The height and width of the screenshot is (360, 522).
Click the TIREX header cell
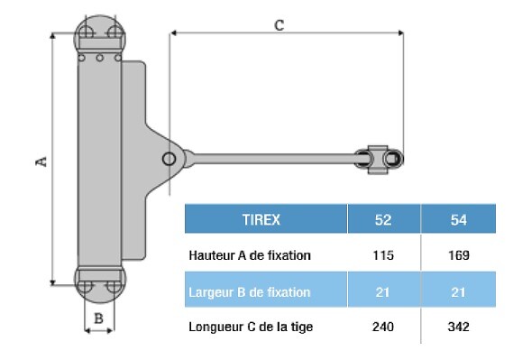[x=261, y=220]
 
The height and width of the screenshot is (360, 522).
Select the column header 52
[x=383, y=220]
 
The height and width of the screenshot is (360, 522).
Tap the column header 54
[x=458, y=220]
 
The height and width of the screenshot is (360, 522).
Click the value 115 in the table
[x=383, y=255]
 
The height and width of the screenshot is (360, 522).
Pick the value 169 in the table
[x=459, y=255]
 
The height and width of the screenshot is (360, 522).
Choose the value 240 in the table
[x=383, y=327]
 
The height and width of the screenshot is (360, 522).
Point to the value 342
[x=459, y=327]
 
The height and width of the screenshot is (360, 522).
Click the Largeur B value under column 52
[x=382, y=292]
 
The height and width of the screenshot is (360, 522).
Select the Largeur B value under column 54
[x=458, y=292]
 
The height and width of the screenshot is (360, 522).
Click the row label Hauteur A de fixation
[x=250, y=255]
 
